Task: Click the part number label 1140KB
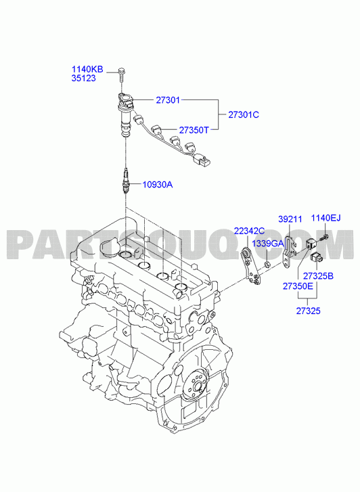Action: point(87,69)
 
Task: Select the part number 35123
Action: point(83,78)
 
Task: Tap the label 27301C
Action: point(244,115)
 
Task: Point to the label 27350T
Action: point(194,130)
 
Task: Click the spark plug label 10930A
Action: point(158,185)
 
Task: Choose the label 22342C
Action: point(249,231)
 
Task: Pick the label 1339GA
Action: point(268,244)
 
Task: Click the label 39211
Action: point(290,219)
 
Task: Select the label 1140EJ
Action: point(325,218)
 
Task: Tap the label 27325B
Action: point(318,276)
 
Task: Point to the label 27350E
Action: point(298,286)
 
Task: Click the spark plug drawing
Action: point(126,181)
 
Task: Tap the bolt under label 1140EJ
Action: point(324,238)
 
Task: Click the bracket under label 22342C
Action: point(251,267)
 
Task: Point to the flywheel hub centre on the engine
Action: point(198,386)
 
